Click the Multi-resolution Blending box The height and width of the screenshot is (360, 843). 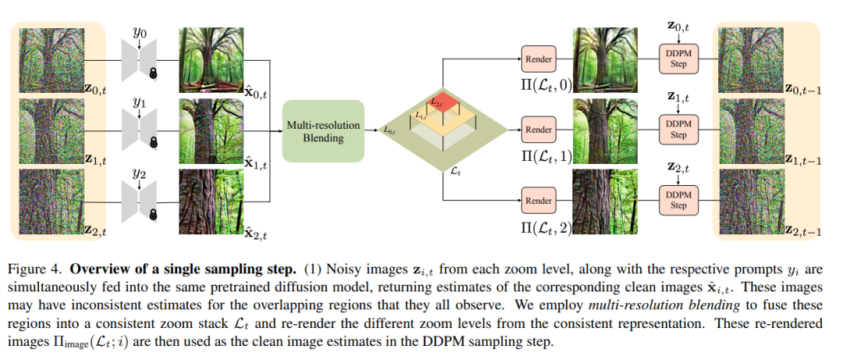coord(322,130)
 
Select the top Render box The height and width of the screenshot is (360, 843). coord(539,59)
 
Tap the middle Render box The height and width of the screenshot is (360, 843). coord(539,130)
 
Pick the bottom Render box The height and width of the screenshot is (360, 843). coord(539,200)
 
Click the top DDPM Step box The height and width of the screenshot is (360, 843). coord(678,59)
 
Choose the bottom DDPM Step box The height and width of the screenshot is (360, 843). coord(678,201)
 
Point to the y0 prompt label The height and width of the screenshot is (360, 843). coord(139,32)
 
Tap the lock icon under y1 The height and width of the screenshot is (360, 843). coord(154,142)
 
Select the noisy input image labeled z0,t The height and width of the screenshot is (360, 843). coord(52,60)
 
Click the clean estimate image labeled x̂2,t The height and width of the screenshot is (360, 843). coord(212,201)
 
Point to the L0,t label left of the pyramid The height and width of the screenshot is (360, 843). coord(391,130)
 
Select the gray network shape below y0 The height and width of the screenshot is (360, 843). coord(139,60)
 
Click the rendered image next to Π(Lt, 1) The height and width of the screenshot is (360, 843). coord(606,130)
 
